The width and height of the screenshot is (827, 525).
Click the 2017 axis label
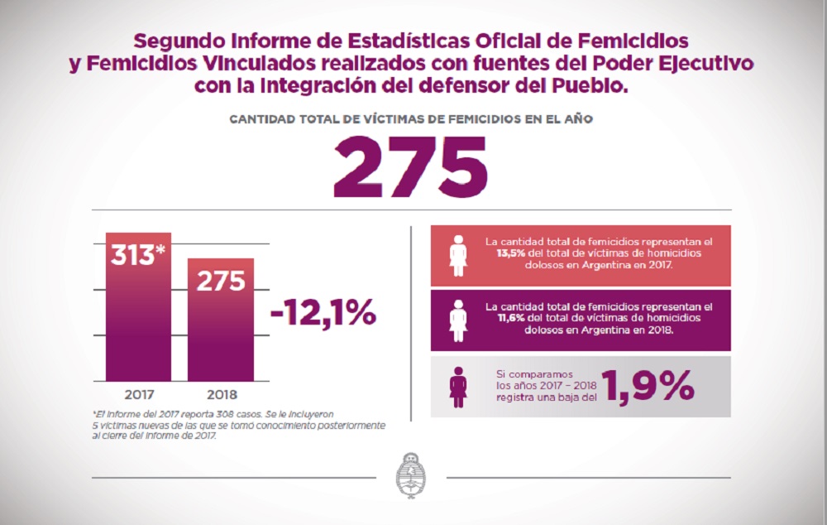click(138, 394)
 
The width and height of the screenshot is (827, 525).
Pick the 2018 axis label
click(220, 394)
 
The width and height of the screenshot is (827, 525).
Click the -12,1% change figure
click(323, 314)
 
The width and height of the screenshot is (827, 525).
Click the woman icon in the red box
click(457, 255)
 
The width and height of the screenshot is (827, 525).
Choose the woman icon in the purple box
click(457, 318)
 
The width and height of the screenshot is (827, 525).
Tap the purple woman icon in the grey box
click(457, 385)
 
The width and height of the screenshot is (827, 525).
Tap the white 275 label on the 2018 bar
click(220, 281)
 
